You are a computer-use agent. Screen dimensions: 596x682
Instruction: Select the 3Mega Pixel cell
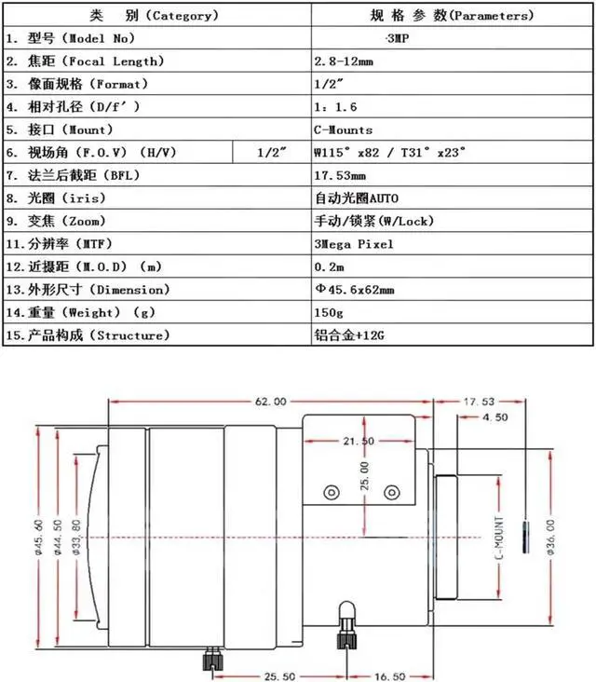[354, 243]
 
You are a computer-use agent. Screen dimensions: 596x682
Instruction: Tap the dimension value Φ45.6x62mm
[354, 289]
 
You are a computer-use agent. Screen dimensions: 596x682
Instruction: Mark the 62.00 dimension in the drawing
[269, 402]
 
